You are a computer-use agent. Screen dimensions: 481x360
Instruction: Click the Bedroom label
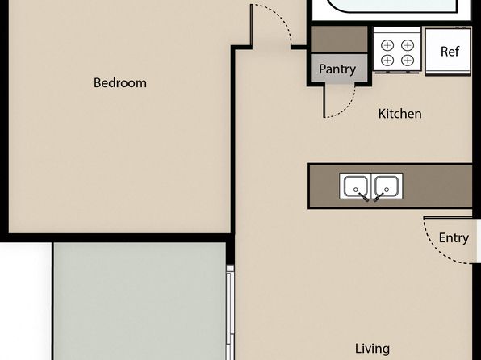point(120,83)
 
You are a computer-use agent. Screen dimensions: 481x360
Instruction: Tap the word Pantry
point(337,69)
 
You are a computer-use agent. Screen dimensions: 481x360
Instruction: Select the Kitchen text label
point(399,114)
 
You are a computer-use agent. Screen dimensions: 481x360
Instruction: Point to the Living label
point(372,349)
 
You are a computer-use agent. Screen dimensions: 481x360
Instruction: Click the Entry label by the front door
point(454,238)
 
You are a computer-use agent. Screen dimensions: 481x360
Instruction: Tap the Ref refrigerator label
point(450,52)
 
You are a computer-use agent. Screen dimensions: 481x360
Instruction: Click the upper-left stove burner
point(387,45)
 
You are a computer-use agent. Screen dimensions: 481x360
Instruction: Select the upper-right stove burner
point(408,45)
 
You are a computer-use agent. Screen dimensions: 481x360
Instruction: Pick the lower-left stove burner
point(387,60)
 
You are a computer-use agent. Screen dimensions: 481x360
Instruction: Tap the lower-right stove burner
point(408,60)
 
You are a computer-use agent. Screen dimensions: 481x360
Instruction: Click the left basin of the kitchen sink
point(356,186)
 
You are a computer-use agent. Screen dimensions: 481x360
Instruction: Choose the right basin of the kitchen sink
point(387,186)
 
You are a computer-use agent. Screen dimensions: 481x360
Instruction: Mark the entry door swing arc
point(433,249)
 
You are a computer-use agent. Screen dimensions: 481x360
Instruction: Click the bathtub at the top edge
point(392,6)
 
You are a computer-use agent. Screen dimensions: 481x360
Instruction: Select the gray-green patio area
point(140,301)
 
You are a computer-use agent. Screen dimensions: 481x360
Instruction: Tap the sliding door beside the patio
point(230,312)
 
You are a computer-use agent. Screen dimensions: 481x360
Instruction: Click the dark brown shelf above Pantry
point(339,39)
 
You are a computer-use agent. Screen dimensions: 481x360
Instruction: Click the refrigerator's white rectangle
point(448,52)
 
